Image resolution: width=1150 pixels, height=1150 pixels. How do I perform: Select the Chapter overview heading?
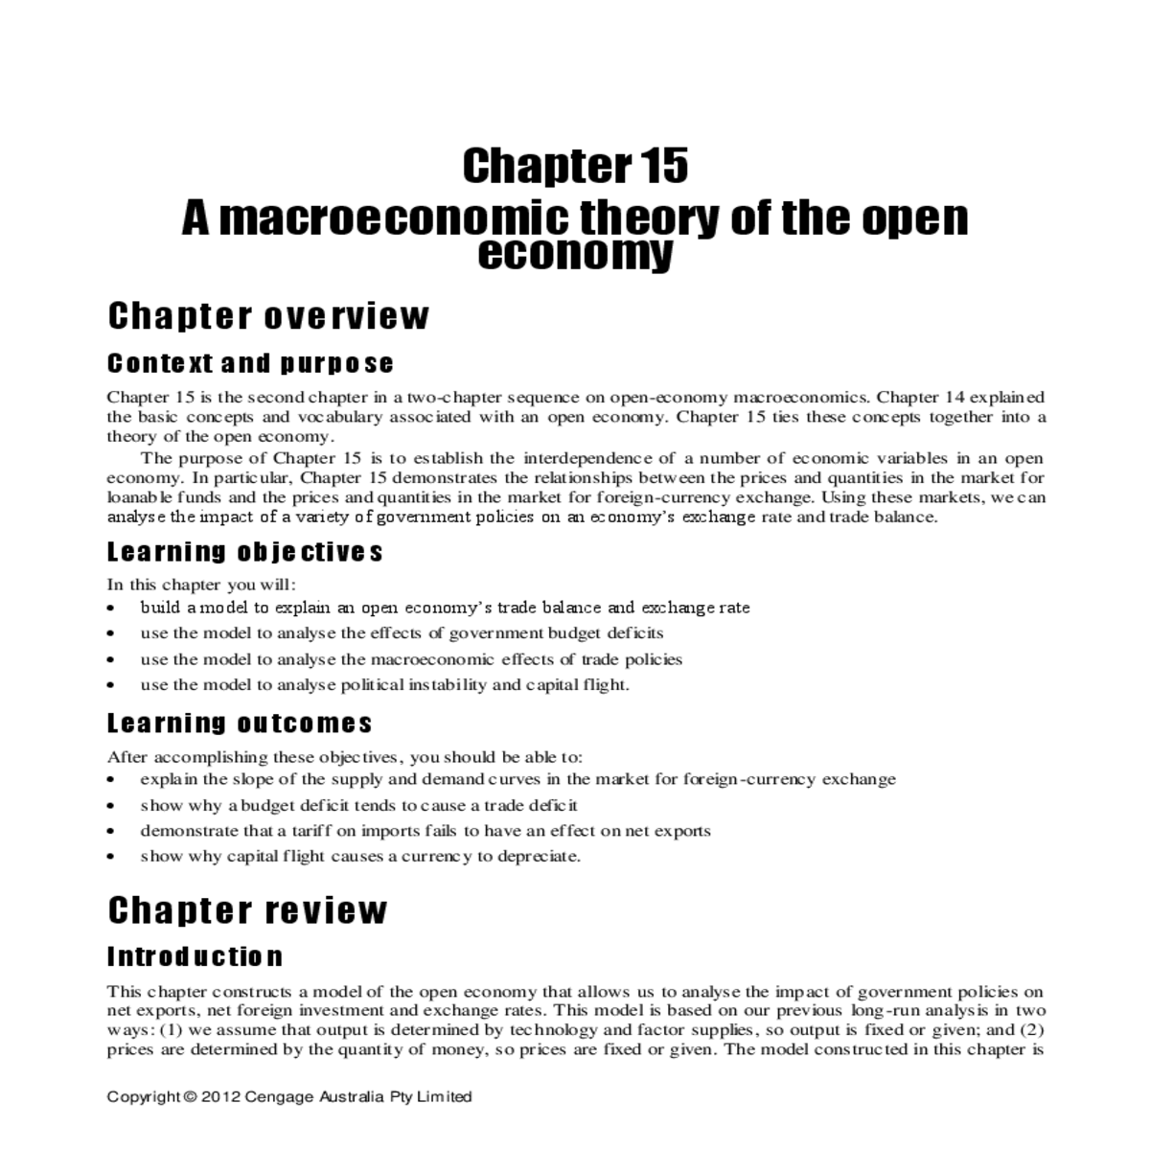coord(268,316)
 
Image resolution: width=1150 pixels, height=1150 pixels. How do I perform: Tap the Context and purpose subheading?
coord(250,364)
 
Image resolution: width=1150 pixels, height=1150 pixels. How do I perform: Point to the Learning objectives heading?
coord(244,553)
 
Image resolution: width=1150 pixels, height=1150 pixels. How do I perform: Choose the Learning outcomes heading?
coord(240,723)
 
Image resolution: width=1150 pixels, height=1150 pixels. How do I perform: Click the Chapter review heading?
coord(247,910)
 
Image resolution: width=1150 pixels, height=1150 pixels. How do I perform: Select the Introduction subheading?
coord(195,957)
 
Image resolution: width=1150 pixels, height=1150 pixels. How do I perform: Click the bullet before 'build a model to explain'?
coord(113,609)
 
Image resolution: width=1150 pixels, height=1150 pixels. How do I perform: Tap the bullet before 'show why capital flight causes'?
coord(113,858)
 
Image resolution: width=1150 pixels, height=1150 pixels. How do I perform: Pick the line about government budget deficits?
coord(402,632)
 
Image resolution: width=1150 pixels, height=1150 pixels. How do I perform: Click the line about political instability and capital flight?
coord(384,684)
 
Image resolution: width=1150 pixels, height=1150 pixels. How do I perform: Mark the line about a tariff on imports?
coord(425,831)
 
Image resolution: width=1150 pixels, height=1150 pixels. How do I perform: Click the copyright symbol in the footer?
coord(189,1096)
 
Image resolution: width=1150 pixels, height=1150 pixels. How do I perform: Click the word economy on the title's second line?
coord(575,255)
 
